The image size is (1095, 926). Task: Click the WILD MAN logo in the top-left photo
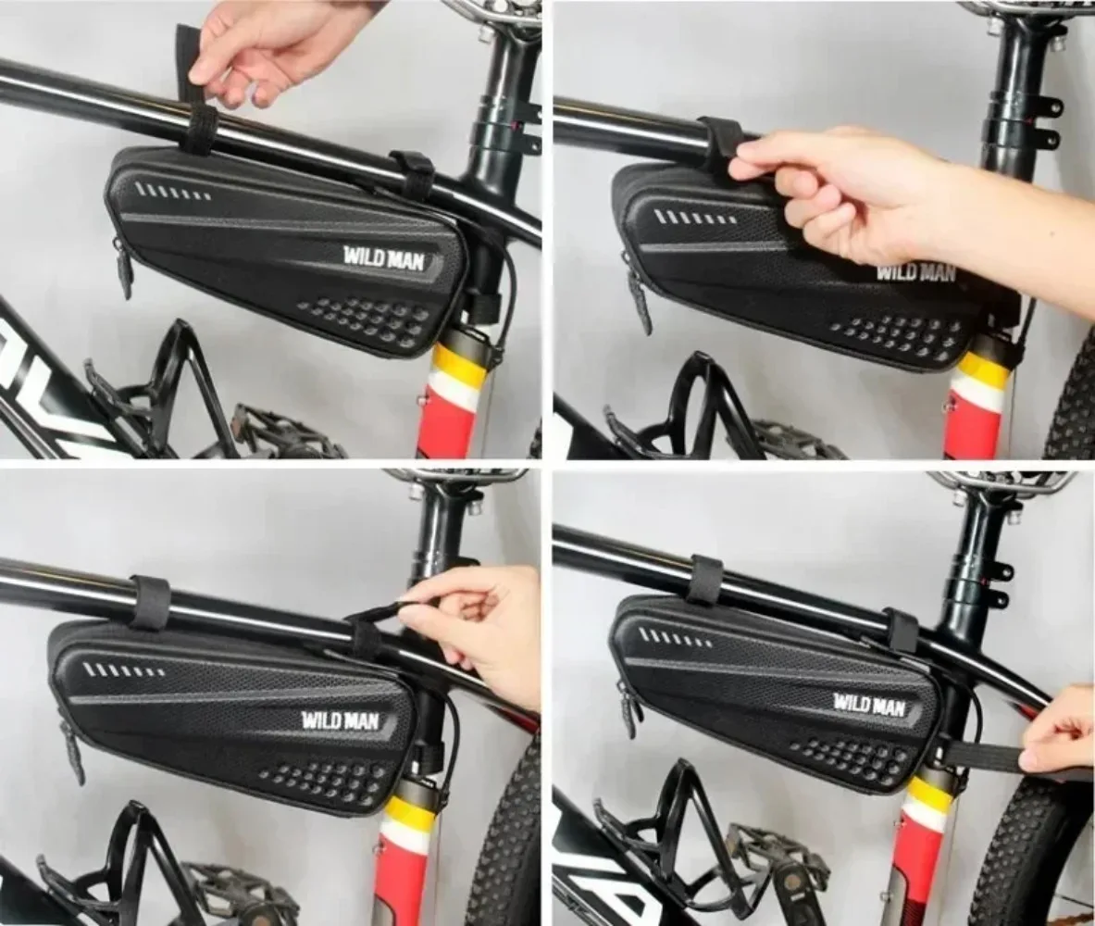pos(384,257)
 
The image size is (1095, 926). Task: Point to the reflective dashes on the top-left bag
pos(173,193)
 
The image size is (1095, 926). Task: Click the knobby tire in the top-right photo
pos(1074,407)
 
